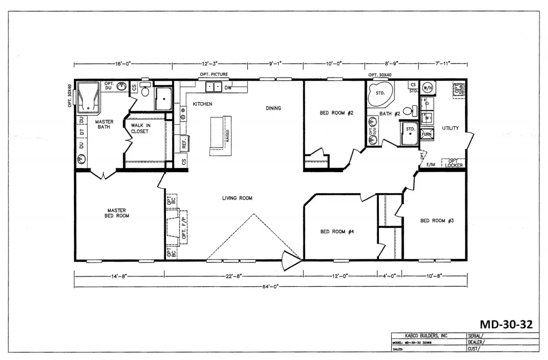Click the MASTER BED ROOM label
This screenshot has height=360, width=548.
[x=116, y=213]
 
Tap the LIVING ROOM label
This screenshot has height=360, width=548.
[x=237, y=198]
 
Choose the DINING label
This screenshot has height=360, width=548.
[x=273, y=108]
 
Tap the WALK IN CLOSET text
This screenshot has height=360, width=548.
[x=139, y=128]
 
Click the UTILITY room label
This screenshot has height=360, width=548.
[x=451, y=128]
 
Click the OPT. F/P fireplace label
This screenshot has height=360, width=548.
[x=184, y=226]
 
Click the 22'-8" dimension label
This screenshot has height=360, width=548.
[x=233, y=276]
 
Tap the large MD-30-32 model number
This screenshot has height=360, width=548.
[x=506, y=324]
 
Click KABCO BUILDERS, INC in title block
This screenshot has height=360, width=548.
[x=423, y=335]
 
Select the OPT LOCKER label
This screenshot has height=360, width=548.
[x=453, y=163]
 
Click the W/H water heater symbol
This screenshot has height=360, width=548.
[x=428, y=87]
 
